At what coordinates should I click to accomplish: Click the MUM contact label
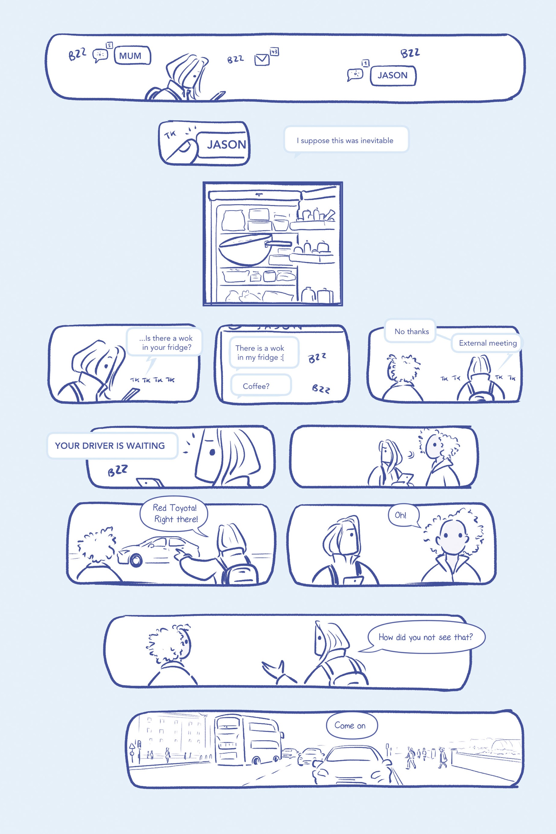tap(132, 55)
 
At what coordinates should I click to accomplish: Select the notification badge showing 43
tap(274, 52)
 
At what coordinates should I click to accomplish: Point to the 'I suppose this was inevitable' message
tap(346, 140)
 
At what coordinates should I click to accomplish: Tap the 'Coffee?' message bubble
tap(261, 385)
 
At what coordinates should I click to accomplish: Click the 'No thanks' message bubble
tap(411, 331)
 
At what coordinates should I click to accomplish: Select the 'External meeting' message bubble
tap(487, 343)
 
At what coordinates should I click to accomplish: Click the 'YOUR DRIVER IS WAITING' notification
tap(112, 445)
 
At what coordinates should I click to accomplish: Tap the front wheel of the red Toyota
tap(135, 559)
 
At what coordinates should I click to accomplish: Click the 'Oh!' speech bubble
tap(403, 515)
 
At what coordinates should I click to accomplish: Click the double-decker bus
tap(248, 739)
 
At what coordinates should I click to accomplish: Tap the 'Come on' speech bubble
tap(351, 725)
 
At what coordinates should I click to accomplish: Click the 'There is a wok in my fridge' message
tap(263, 352)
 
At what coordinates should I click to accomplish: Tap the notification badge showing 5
tap(109, 45)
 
